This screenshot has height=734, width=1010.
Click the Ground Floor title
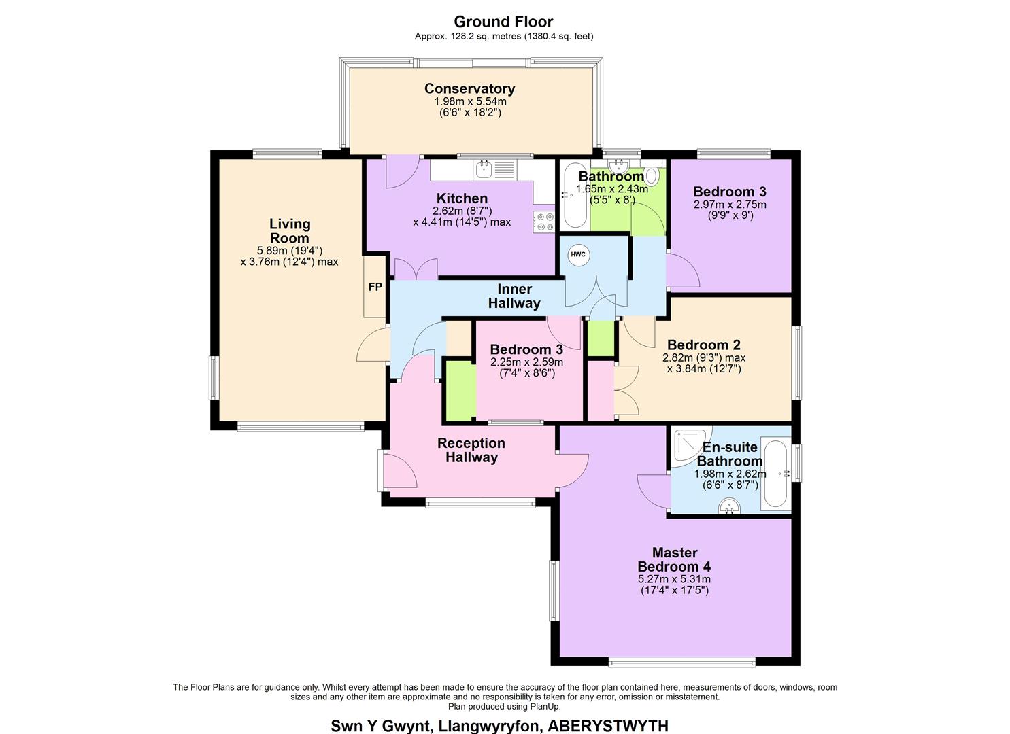(x=503, y=22)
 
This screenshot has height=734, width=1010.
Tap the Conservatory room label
(x=469, y=88)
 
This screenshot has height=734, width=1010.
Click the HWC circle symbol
(x=577, y=255)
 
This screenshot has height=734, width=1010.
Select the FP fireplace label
(x=375, y=287)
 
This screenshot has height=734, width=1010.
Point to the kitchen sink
(x=484, y=169)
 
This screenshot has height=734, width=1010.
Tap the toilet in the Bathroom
(x=652, y=175)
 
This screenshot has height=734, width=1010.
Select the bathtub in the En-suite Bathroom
(x=775, y=474)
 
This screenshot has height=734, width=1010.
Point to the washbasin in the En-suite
(x=729, y=506)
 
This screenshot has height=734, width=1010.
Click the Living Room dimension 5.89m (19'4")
(x=290, y=250)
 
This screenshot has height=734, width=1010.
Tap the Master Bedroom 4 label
(x=673, y=559)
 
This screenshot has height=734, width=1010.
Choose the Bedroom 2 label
(x=703, y=345)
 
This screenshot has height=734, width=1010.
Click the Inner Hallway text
(x=514, y=296)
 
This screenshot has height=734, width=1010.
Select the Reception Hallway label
(x=471, y=450)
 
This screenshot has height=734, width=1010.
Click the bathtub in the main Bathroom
(x=573, y=196)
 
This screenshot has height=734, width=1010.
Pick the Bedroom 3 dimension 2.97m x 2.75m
(x=729, y=204)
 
